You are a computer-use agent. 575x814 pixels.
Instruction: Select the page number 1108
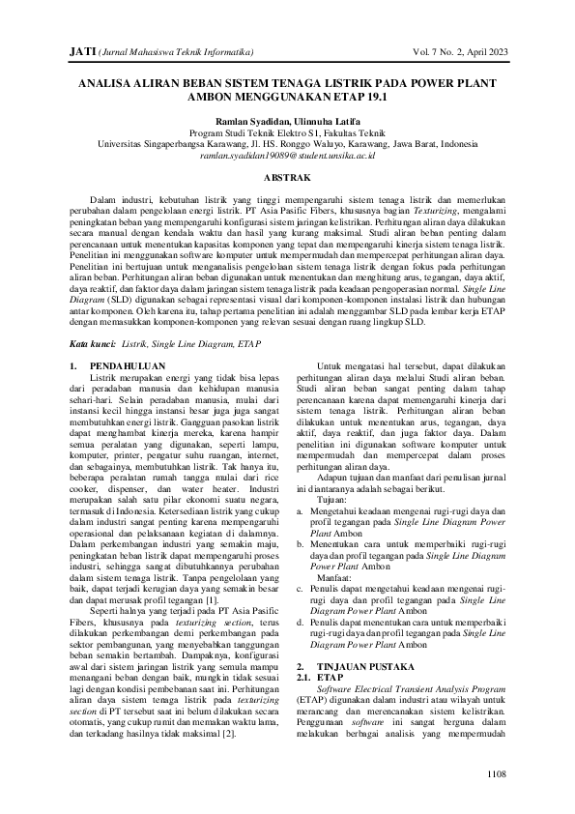tap(495, 772)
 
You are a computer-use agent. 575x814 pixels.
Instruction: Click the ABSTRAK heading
tap(287, 179)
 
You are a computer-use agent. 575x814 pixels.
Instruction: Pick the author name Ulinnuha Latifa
tap(320, 121)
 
